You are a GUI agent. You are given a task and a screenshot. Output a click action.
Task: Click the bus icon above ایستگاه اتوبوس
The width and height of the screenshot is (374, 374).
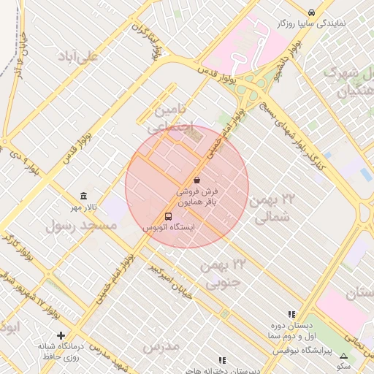(169, 216)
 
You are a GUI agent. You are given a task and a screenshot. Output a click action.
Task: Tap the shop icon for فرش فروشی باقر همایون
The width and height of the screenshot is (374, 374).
(196, 180)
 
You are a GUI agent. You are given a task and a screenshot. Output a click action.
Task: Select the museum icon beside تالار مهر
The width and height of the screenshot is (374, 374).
(84, 196)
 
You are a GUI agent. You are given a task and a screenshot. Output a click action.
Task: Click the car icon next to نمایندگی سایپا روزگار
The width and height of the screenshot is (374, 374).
(312, 12)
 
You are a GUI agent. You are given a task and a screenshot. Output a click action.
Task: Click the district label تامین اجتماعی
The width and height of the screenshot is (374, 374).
(174, 117)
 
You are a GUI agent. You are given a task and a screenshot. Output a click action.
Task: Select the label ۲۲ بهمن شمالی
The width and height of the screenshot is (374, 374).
(274, 207)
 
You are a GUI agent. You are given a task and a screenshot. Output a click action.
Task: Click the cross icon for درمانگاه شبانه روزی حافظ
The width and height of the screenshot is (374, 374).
(61, 335)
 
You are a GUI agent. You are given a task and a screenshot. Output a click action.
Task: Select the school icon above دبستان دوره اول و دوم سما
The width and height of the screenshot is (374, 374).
(292, 314)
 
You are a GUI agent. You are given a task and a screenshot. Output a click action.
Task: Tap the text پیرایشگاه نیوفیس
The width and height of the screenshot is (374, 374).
(302, 351)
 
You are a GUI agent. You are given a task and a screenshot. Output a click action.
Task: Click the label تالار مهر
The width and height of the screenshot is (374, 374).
(84, 208)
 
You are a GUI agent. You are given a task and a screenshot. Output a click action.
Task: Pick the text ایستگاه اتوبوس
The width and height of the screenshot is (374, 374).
(169, 228)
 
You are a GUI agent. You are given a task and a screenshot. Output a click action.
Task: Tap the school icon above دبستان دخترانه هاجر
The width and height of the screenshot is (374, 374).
(222, 360)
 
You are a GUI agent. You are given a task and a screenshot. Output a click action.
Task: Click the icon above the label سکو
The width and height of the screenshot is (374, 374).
(344, 356)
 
